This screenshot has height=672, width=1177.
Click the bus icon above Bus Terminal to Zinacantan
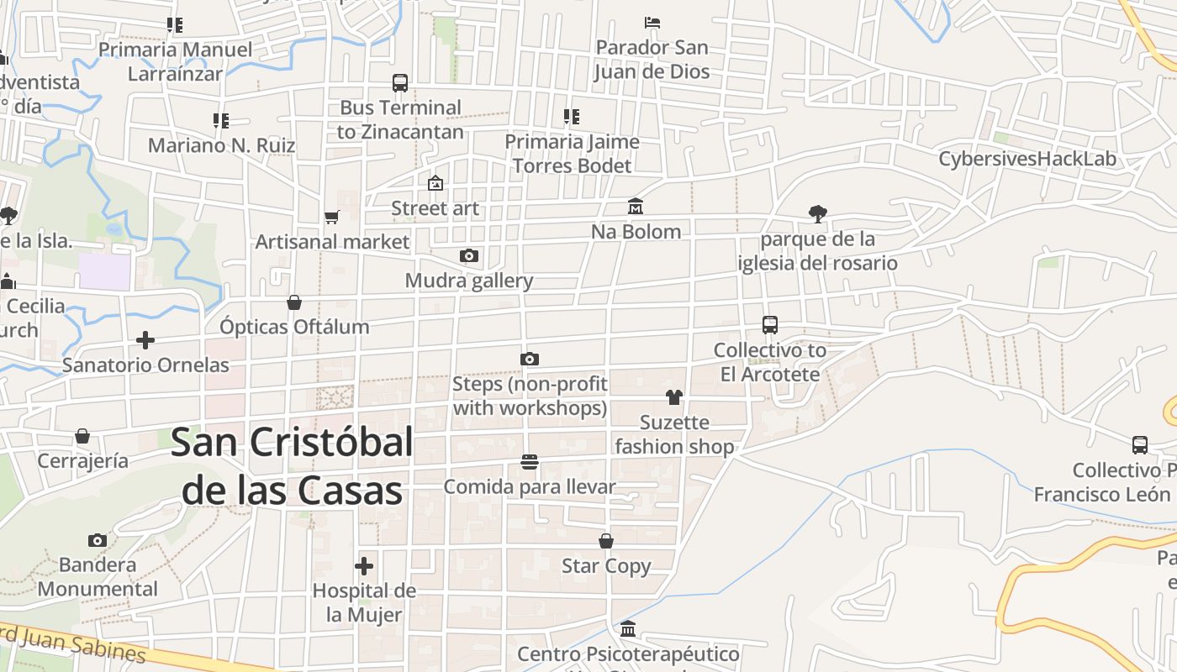point(400,83)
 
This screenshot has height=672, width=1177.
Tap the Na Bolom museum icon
point(636,207)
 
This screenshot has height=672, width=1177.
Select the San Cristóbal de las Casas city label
point(292,466)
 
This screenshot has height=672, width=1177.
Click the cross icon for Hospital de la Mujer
point(364,566)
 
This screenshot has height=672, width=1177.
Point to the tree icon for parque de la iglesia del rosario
point(817,214)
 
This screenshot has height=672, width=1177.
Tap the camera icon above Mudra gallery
point(469,255)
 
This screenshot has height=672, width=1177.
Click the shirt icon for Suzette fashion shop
point(674,397)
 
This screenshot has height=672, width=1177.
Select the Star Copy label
point(606,566)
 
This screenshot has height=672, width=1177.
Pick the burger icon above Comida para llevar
point(529,461)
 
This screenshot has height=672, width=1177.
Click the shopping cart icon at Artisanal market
point(332,218)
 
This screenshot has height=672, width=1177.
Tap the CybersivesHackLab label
point(1027,159)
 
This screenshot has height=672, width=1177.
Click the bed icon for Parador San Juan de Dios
point(652,22)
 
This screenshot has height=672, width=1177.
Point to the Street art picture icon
point(435,183)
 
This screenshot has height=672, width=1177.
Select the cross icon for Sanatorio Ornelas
point(145,340)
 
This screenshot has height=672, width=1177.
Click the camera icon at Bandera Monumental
point(98,540)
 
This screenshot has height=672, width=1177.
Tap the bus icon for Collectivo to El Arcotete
point(769,325)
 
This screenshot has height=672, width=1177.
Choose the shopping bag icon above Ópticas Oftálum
point(294,302)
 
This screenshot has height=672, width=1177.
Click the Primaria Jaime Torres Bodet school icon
point(572,117)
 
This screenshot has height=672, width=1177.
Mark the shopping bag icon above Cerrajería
point(82,436)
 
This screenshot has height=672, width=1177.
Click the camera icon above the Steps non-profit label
point(529,360)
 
